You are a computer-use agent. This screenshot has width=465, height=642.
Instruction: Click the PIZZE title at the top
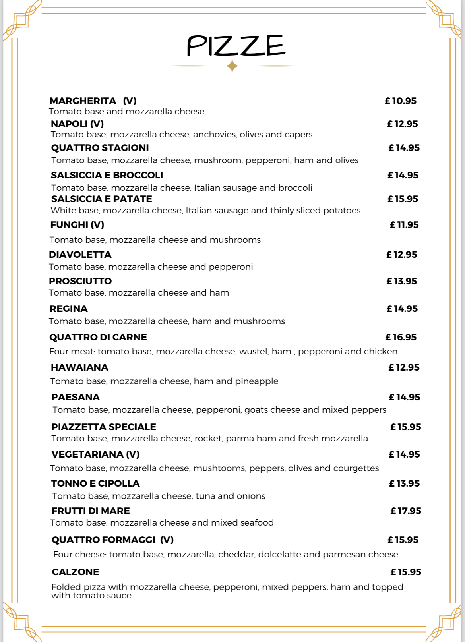236,46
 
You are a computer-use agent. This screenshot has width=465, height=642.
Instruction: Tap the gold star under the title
232,66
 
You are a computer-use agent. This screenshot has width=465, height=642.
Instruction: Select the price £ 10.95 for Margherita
401,101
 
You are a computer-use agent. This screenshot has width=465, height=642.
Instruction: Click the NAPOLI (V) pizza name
77,124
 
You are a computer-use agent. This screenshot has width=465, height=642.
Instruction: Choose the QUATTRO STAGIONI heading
100,148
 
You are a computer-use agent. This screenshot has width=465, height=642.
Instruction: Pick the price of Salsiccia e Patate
403,199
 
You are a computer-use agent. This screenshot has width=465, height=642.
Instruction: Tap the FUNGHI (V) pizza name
77,225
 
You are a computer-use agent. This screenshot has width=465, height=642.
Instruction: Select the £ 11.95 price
404,225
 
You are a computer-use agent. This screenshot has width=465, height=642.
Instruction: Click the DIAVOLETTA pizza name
80,255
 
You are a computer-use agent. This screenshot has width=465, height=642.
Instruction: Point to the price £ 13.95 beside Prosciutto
402,281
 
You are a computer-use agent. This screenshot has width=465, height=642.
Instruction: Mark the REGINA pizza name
68,309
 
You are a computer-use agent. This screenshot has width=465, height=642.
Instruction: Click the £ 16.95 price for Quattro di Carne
401,337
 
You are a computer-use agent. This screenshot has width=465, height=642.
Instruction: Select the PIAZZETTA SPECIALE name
104,427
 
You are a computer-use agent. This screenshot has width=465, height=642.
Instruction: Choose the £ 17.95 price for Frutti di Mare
406,511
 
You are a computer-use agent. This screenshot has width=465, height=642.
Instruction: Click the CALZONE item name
76,572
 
